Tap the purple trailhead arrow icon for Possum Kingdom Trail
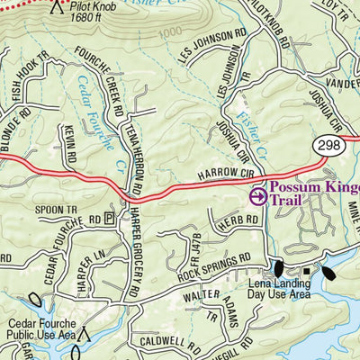257,195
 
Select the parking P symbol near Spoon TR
110,218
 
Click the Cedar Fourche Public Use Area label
42,329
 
